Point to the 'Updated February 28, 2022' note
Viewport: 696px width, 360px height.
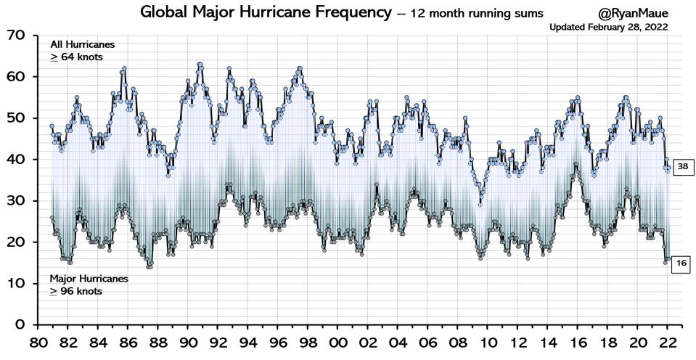608,27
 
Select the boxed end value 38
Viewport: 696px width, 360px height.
683,167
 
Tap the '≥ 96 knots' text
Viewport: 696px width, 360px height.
75,291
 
